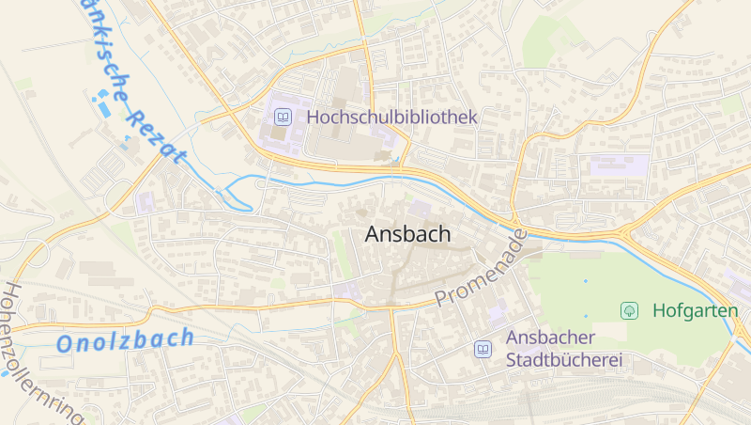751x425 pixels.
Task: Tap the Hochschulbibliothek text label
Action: (x=392, y=118)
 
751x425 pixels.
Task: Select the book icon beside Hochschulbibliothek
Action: (x=282, y=118)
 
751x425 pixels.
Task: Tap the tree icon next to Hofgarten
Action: (x=630, y=309)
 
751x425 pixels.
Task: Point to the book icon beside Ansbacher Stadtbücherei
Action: (x=483, y=349)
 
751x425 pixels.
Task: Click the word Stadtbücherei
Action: (x=564, y=359)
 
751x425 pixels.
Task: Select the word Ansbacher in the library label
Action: (x=550, y=338)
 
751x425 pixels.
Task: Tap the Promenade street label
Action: (x=480, y=271)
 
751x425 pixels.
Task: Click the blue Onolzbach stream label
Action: (x=125, y=340)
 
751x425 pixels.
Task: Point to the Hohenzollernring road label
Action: (x=42, y=353)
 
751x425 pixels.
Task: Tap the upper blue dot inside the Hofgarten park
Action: (x=585, y=281)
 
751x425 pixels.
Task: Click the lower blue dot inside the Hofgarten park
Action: (x=586, y=316)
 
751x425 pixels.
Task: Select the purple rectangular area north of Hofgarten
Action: (x=619, y=165)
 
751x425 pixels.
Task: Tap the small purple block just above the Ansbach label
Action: (x=420, y=208)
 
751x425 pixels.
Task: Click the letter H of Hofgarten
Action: (x=658, y=309)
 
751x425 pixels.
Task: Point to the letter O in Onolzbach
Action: (x=65, y=345)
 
